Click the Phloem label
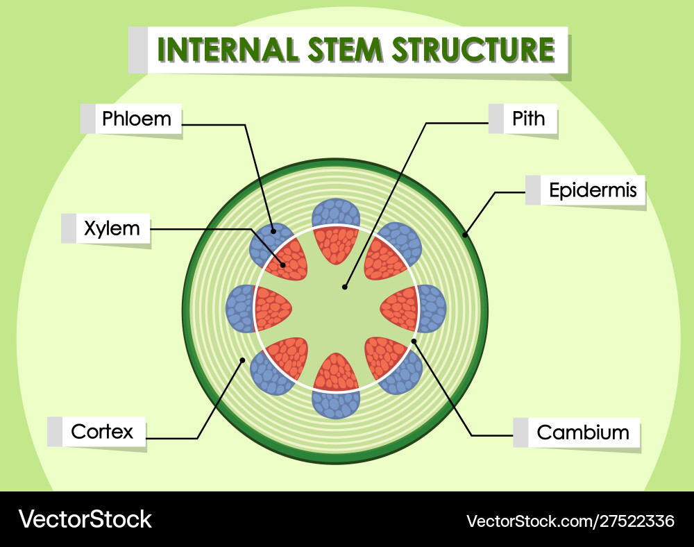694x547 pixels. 136,119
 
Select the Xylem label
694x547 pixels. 112,228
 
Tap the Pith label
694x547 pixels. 529,119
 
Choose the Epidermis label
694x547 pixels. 593,190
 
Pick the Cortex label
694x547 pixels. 102,432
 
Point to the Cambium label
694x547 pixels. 583,432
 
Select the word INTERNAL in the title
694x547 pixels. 221,50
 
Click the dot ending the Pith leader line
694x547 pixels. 345,285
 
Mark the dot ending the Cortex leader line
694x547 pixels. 242,360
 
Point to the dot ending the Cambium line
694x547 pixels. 414,341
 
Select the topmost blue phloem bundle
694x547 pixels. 336,212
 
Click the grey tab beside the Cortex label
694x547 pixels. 55,432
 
